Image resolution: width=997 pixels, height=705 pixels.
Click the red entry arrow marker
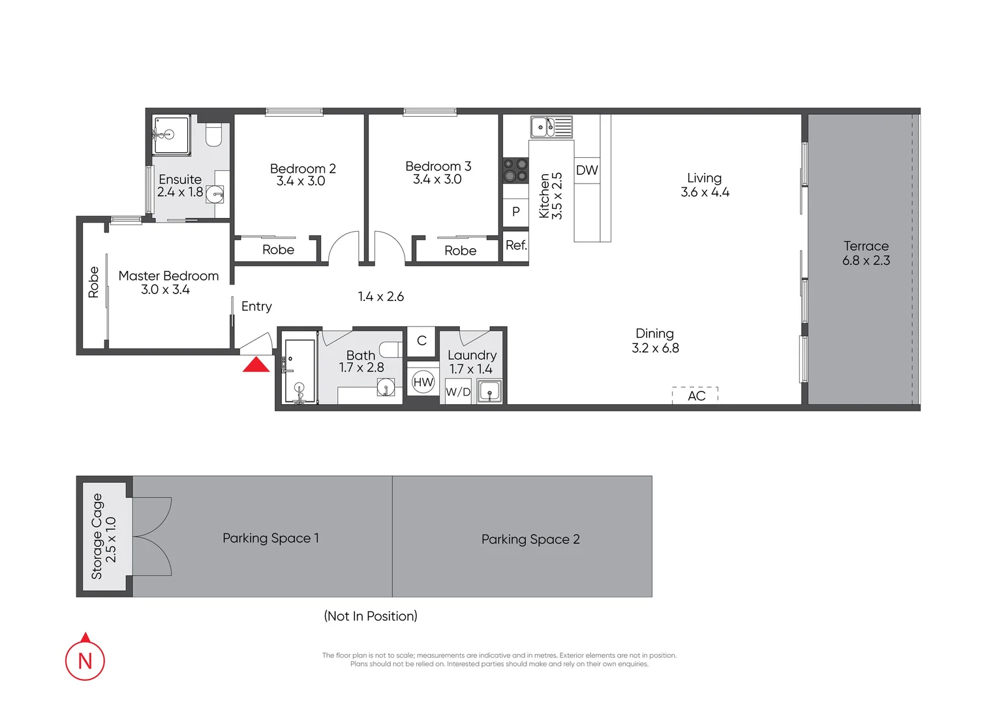pyautogui.click(x=256, y=364)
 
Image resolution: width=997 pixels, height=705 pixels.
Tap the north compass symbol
pyautogui.click(x=85, y=659)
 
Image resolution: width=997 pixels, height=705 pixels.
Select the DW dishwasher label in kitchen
pyautogui.click(x=587, y=170)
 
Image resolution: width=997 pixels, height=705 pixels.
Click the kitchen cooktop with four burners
pyautogui.click(x=515, y=170)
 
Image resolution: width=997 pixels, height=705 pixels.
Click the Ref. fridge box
pyautogui.click(x=515, y=246)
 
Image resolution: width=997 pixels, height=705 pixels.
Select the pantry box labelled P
pyautogui.click(x=515, y=212)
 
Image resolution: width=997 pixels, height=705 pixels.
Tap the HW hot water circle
pyautogui.click(x=423, y=383)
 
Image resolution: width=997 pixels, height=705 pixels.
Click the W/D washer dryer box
pyautogui.click(x=458, y=392)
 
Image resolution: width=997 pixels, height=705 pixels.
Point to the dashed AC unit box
pyautogui.click(x=696, y=395)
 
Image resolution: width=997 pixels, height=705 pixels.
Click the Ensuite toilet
pyautogui.click(x=213, y=134)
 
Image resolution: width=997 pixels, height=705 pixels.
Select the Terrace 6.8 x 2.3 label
pyautogui.click(x=866, y=253)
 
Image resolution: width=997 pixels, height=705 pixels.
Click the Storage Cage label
pyautogui.click(x=97, y=536)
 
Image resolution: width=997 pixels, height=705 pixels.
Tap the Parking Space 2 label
pyautogui.click(x=530, y=539)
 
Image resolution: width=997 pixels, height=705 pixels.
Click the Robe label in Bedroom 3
pyautogui.click(x=460, y=251)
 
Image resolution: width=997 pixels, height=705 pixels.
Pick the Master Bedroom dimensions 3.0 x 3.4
pyautogui.click(x=165, y=290)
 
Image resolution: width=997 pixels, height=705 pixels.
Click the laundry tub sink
pyautogui.click(x=489, y=392)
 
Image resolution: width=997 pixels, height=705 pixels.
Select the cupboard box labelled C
pyautogui.click(x=422, y=341)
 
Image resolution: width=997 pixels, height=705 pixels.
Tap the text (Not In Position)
pyautogui.click(x=371, y=616)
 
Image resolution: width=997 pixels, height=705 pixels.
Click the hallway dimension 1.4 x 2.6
pyautogui.click(x=380, y=297)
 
